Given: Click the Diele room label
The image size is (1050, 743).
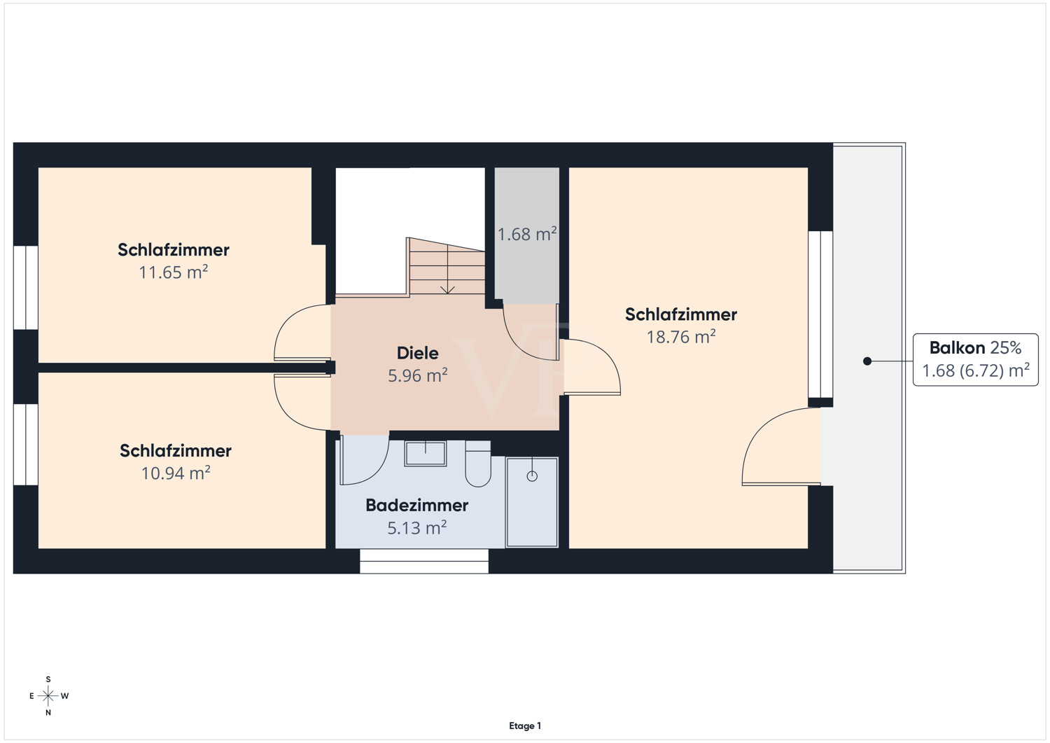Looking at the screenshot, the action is coord(418,353).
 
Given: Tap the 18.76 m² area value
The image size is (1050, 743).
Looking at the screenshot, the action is coord(681,337).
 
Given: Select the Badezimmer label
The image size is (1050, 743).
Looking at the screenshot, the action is coord(416,505).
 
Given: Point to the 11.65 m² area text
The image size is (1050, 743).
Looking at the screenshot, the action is coord(174,272).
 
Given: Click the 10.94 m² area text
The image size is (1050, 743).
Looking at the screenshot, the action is coord(176,473).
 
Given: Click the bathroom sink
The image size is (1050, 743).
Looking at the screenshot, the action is coord(425,453).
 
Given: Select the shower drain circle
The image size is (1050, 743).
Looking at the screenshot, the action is coord(532,476).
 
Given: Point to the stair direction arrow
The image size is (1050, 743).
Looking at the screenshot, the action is coord(448,270).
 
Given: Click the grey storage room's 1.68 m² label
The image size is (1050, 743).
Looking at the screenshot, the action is coord(527,234).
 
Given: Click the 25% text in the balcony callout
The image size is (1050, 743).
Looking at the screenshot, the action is coord(1005,347).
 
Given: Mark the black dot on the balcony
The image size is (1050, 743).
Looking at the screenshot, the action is coord(867,361).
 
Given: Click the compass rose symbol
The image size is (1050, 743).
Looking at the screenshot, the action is coord(48,696).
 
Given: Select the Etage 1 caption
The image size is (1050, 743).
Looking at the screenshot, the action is coord(525,725).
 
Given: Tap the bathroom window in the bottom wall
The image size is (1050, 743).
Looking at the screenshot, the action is coord(424,561).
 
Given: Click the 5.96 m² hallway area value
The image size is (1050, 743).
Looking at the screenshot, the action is coord(418,376).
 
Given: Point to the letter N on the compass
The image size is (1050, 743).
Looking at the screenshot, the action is coord(48,712).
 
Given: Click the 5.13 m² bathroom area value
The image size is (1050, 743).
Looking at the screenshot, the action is coord(416,528).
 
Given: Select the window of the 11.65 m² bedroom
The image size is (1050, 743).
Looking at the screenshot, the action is coord(26,288).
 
